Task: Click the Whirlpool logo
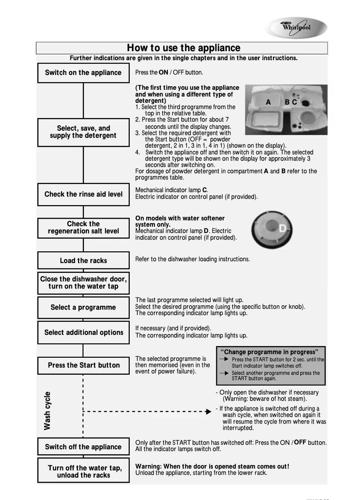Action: point(296,28)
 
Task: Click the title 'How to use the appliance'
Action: point(183,48)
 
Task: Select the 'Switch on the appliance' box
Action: point(83,73)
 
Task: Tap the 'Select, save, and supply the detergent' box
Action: point(83,132)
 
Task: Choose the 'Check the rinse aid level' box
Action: point(83,194)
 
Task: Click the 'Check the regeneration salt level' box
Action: point(83,228)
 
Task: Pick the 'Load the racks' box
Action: point(83,261)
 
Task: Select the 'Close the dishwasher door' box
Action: point(83,283)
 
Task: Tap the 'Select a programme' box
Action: point(83,307)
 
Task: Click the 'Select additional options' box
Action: point(83,333)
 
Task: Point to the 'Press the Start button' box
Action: point(83,365)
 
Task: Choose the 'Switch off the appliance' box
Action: point(83,447)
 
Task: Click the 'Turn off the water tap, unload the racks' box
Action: point(83,471)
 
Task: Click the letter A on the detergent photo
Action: point(268,102)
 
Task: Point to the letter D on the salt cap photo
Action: point(282,229)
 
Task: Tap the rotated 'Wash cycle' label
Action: point(48,411)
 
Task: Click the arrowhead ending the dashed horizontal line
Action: point(208,411)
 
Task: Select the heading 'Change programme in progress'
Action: point(270,352)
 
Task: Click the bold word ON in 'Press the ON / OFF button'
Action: point(163,72)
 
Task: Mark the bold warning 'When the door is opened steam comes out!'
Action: point(212,466)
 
